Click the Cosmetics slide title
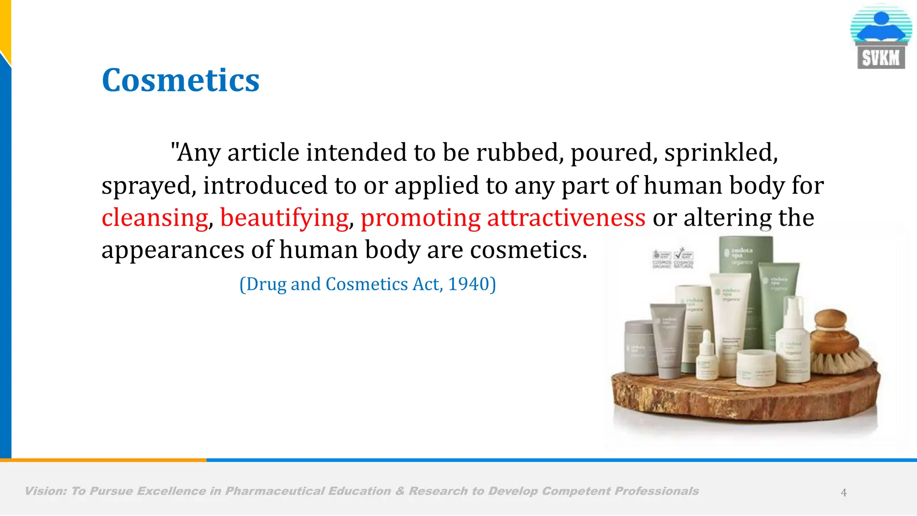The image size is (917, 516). click(x=180, y=81)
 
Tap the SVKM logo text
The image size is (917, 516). click(x=881, y=58)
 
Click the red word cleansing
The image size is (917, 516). click(x=155, y=218)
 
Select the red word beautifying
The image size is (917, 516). click(x=284, y=218)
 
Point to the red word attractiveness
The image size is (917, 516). click(x=566, y=218)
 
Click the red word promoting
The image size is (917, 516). click(x=420, y=218)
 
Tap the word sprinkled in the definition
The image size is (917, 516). click(x=721, y=153)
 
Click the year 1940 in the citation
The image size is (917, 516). click(x=468, y=284)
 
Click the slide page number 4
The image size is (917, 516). click(x=844, y=493)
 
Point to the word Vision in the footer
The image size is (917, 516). click(x=45, y=491)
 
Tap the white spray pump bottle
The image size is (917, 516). click(x=793, y=340)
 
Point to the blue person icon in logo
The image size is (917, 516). click(x=881, y=27)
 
